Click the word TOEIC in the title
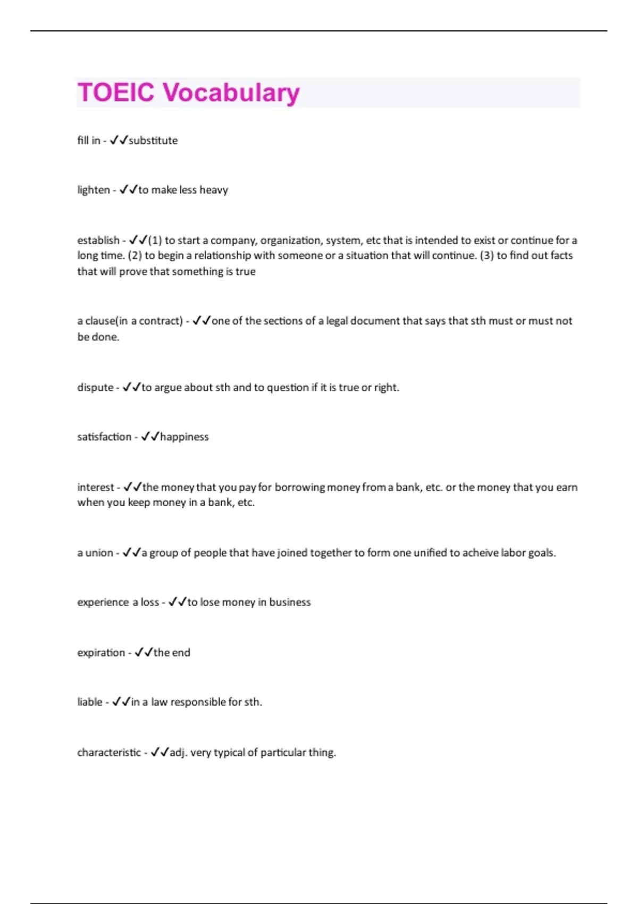pos(116,92)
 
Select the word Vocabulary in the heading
pos(231,93)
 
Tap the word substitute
pos(153,140)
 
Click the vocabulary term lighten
pos(94,190)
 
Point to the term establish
pos(98,240)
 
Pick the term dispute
pos(95,387)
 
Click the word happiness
pos(184,437)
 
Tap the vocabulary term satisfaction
pos(104,437)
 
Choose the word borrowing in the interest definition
pos(299,487)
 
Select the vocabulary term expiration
pos(101,652)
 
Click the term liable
pos(90,702)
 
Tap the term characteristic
pos(109,752)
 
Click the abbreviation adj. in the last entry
pos(178,752)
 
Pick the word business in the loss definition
pos(290,602)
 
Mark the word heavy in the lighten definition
pos(214,190)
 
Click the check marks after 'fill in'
pos(119,140)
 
